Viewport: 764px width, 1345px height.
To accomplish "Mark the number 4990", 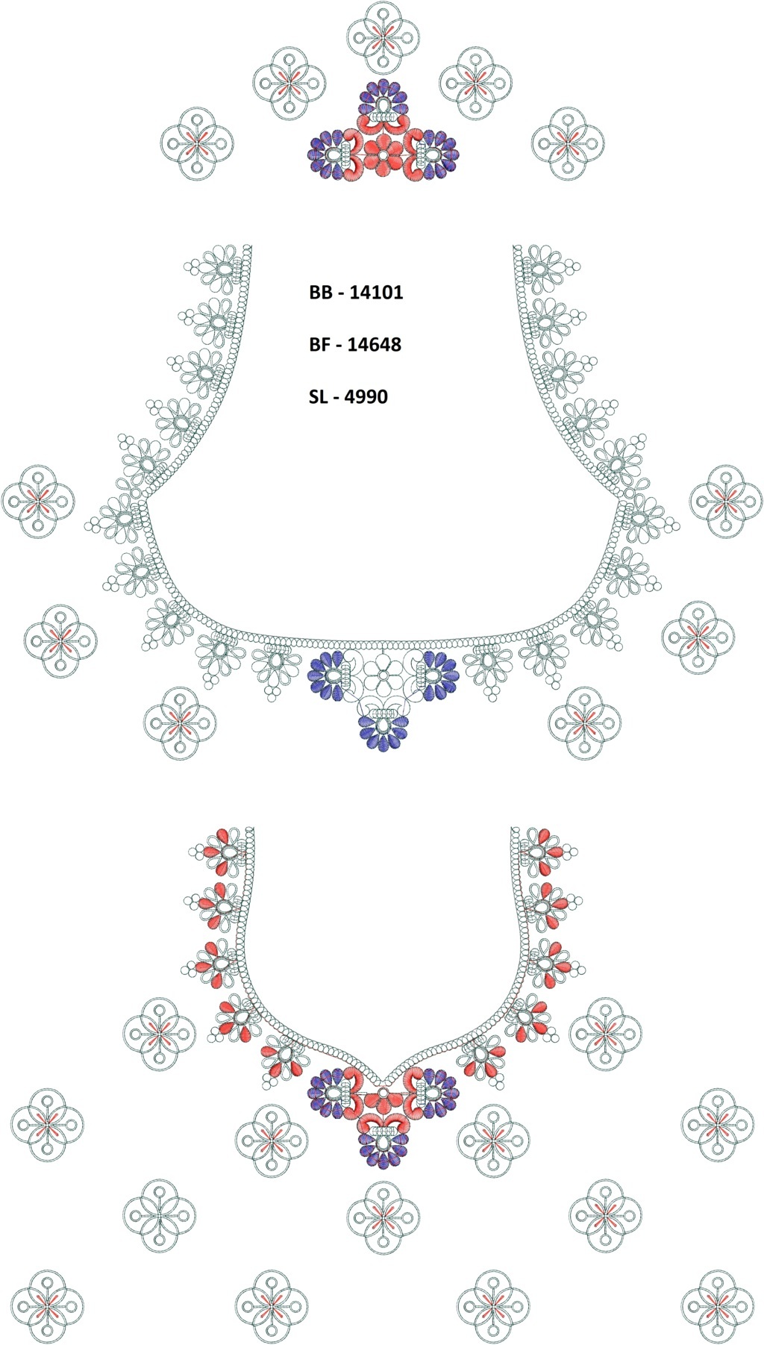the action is click(x=367, y=397).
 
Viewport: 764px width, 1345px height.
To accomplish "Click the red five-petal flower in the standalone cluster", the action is click(x=383, y=155).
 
